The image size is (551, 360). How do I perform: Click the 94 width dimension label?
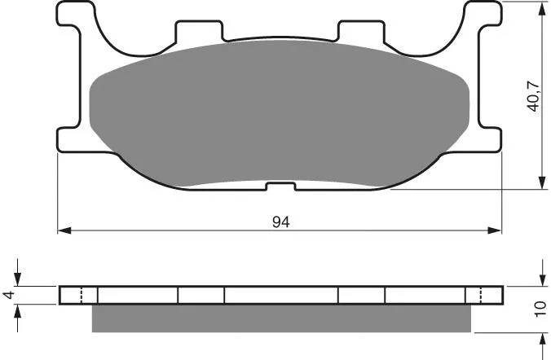click(280, 222)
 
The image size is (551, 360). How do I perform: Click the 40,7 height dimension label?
click(533, 97)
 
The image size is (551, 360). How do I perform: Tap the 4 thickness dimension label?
click(10, 295)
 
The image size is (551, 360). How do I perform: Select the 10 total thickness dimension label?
click(541, 309)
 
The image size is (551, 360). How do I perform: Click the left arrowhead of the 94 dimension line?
click(64, 230)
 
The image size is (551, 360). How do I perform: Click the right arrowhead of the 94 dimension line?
click(495, 230)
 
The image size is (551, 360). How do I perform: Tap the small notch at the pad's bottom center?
click(280, 187)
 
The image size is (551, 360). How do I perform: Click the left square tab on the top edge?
click(199, 31)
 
